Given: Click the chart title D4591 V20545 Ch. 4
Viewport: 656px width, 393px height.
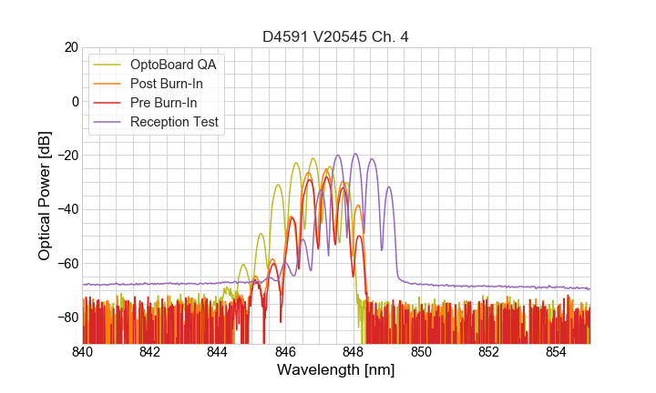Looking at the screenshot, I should (x=336, y=36).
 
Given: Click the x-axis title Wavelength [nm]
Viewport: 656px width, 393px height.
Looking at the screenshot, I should (x=336, y=371).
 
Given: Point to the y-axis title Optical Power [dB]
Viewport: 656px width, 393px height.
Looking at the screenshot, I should (x=45, y=195).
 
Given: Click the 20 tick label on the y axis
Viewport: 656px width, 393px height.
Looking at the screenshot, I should (x=70, y=47).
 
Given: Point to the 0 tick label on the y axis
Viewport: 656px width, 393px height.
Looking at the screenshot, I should (x=74, y=101).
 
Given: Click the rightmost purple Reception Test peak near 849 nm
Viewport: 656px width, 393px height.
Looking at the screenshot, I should (x=388, y=187).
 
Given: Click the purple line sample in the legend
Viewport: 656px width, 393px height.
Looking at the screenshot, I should (x=108, y=122).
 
